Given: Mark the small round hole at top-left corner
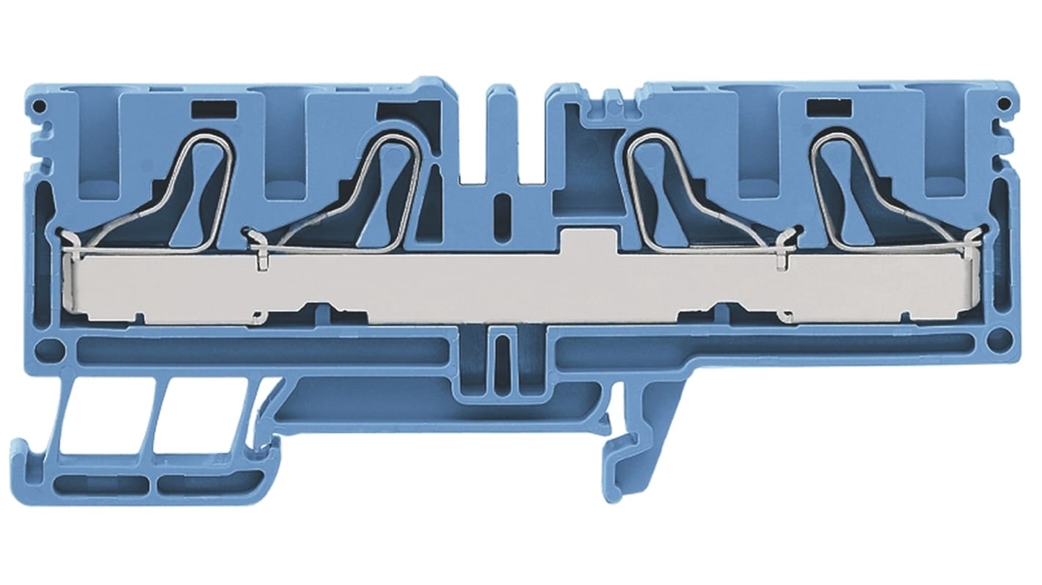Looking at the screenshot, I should tap(40, 108).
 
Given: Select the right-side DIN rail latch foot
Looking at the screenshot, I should tap(624, 455).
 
